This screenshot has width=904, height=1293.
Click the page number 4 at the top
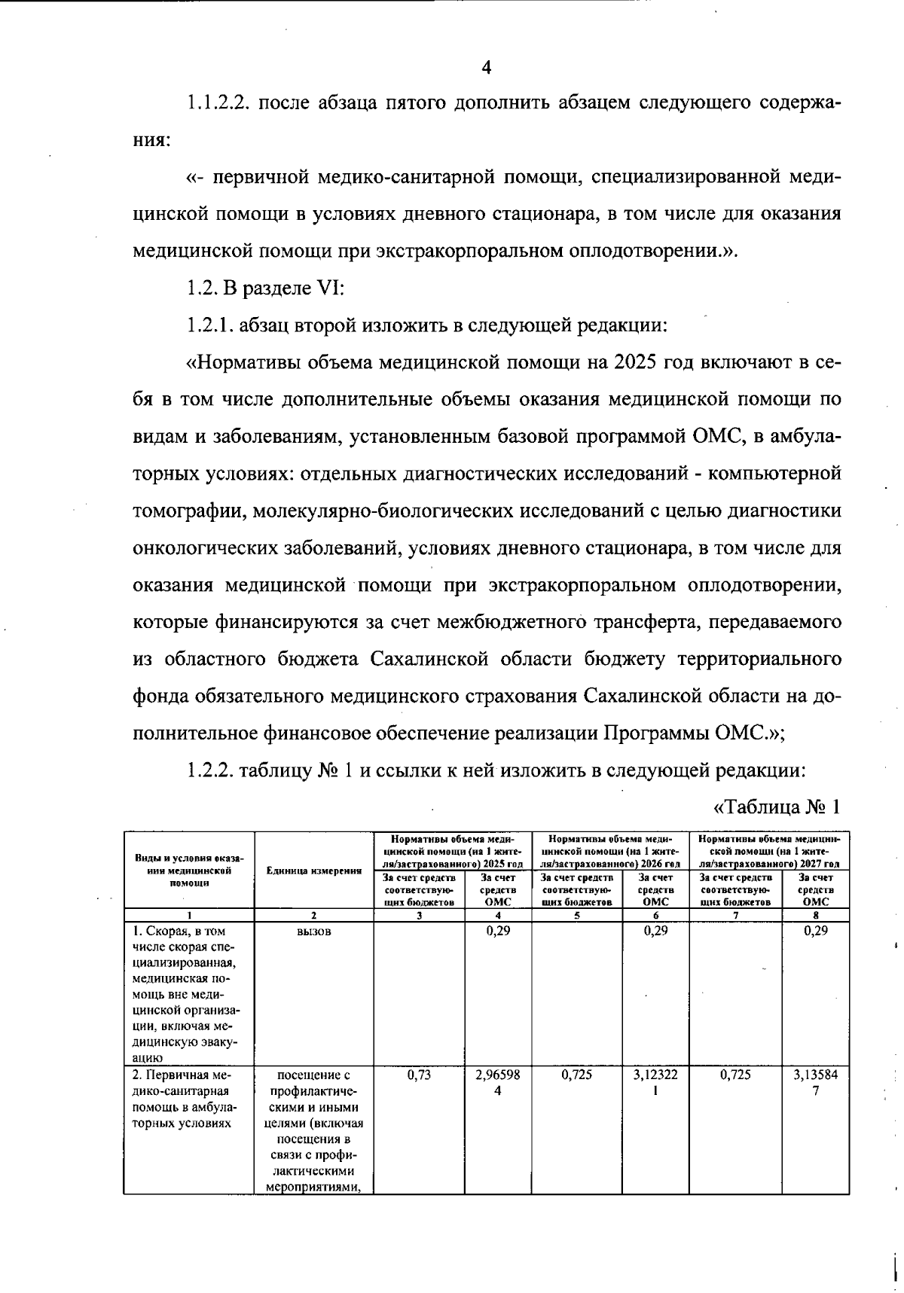tap(486, 68)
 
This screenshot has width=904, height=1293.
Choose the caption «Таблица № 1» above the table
tap(776, 807)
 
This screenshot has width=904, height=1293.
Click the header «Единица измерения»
tap(314, 871)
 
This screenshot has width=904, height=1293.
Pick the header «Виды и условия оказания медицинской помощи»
tap(188, 871)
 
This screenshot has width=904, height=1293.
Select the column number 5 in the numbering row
tap(576, 916)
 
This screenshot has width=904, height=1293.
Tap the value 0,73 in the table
tap(419, 1075)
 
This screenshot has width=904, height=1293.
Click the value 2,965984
tap(497, 1083)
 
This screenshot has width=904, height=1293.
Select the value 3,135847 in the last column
tap(816, 1083)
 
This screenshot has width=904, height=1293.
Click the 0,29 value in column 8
tap(816, 931)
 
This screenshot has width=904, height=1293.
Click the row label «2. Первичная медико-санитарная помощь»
tap(185, 1099)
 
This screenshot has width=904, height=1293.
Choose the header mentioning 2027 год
tap(769, 851)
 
